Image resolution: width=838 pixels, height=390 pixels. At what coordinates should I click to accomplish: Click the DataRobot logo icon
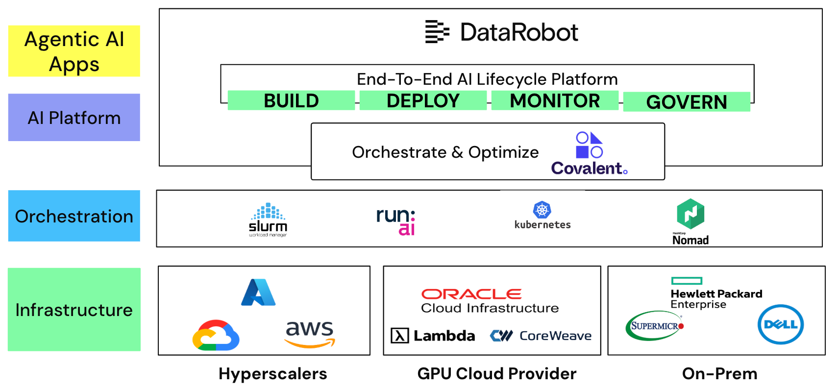[437, 32]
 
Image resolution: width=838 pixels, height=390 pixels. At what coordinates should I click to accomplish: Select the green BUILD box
[291, 100]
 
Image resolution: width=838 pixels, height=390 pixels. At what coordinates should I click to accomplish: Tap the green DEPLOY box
[423, 100]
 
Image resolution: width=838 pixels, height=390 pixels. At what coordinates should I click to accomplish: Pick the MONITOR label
[555, 100]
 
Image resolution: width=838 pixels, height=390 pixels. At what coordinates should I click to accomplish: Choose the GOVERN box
[687, 102]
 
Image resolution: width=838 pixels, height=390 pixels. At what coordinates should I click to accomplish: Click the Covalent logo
[590, 154]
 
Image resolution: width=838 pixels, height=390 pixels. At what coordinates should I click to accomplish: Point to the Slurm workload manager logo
[268, 219]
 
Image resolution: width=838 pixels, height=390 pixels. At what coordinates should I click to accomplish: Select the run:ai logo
[396, 220]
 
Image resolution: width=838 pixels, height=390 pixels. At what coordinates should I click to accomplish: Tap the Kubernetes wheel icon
[542, 210]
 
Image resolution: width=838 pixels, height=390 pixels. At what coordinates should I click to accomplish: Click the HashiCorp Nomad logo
[690, 220]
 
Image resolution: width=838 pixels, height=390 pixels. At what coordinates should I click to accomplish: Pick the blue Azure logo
[258, 292]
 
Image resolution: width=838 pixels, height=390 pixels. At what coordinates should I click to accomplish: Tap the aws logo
[310, 334]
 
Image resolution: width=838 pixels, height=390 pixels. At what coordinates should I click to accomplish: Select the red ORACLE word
[471, 294]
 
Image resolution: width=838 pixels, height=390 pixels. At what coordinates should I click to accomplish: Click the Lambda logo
[433, 336]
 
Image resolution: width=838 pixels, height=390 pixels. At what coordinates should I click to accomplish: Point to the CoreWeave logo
[541, 336]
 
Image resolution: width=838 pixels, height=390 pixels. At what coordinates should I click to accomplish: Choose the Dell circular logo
[780, 324]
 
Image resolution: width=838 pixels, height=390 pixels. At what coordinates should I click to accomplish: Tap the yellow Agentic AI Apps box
[74, 51]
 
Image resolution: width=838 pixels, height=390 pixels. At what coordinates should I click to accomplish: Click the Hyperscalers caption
[272, 374]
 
